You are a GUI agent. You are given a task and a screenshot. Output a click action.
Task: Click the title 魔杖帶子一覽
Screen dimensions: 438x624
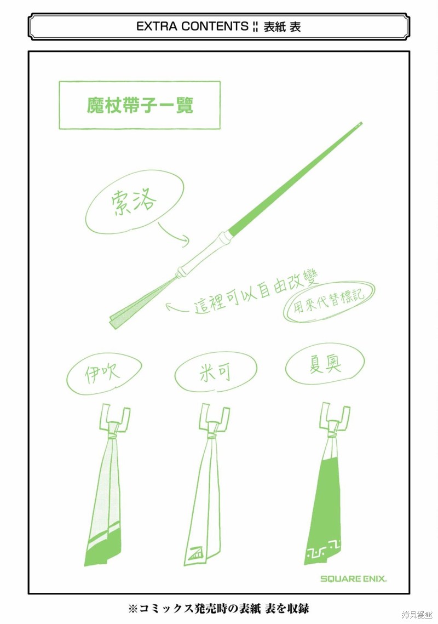[140, 105]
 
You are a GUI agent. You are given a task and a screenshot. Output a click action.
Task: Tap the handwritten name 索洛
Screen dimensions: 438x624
[133, 202]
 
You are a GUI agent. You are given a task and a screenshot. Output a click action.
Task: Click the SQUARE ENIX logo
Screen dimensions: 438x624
[354, 579]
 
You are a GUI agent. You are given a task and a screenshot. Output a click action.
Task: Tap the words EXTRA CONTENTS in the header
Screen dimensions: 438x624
[192, 26]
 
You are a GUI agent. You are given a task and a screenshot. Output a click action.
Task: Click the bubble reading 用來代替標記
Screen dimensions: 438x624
[328, 301]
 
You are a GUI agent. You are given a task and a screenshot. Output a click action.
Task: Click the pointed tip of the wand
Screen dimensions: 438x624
[361, 123]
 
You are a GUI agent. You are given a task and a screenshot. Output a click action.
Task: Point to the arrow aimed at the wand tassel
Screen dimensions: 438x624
[177, 308]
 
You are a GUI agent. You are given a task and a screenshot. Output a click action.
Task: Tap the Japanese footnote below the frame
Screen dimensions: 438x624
[218, 608]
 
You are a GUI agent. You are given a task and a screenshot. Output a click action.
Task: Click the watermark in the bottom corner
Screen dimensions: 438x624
[417, 615]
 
